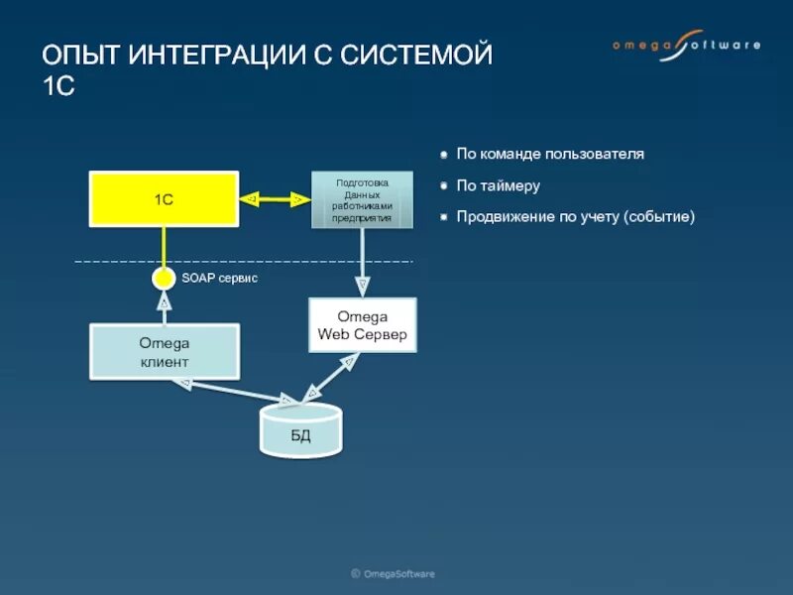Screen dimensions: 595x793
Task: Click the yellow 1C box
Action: pyautogui.click(x=164, y=198)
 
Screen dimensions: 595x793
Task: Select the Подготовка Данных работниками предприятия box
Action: pyautogui.click(x=362, y=199)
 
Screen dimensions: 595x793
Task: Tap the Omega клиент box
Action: pyautogui.click(x=164, y=351)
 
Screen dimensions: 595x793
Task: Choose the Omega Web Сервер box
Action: pyautogui.click(x=362, y=325)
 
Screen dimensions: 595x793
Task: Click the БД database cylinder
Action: pyautogui.click(x=300, y=430)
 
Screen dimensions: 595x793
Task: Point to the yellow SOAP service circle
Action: pyautogui.click(x=165, y=279)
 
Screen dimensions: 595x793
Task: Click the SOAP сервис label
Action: pyautogui.click(x=219, y=279)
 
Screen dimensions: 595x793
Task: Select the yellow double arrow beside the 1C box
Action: pyautogui.click(x=275, y=199)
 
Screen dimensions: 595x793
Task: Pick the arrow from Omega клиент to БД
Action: pyautogui.click(x=230, y=391)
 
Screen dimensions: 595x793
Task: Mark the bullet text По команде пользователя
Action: pyautogui.click(x=550, y=155)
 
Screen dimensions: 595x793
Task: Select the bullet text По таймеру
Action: pyautogui.click(x=498, y=185)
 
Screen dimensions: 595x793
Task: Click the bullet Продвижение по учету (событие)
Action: pyautogui.click(x=575, y=216)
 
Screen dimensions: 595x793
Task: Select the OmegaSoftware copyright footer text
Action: pyautogui.click(x=393, y=573)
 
